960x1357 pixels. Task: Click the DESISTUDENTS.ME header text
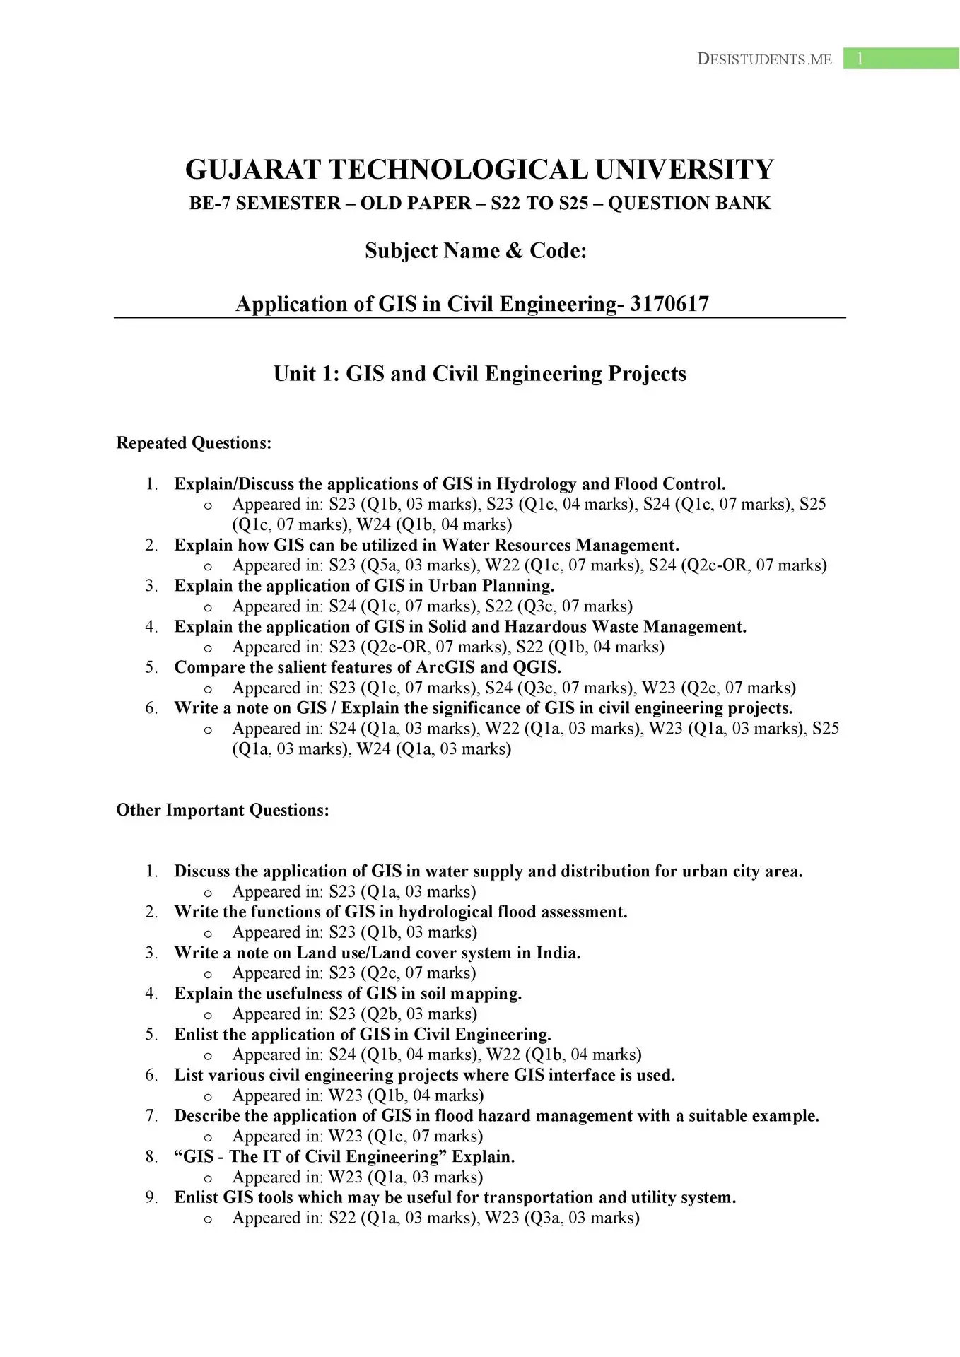[764, 59]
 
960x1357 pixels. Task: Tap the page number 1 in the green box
[860, 59]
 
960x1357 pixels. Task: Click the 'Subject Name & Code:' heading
[476, 251]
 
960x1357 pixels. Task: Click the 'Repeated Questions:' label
[194, 443]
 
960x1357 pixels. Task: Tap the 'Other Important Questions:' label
[223, 810]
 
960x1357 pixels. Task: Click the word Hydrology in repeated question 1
[536, 484]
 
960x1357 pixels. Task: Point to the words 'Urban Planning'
[491, 586]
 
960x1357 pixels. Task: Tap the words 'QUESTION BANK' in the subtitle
[689, 204]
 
